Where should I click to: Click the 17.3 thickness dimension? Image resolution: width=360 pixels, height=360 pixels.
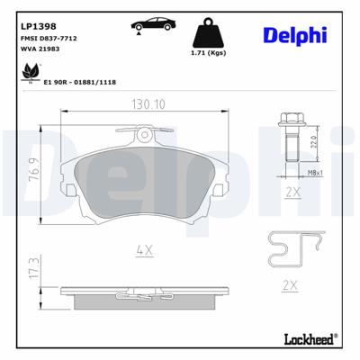pyautogui.click(x=34, y=269)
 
